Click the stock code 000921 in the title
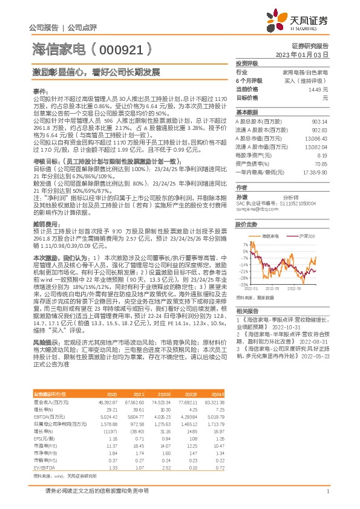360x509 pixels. point(120,50)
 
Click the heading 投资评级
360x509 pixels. point(247,63)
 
